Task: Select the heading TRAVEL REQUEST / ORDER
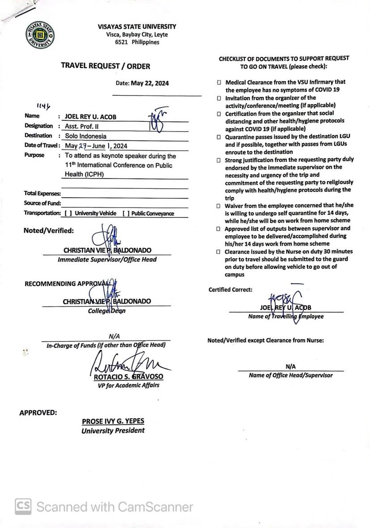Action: [106, 66]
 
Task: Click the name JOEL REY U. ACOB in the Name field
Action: [91, 116]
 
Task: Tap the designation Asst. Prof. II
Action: [82, 126]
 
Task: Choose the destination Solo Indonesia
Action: [86, 136]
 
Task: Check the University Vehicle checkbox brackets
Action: [68, 213]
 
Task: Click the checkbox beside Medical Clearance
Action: [219, 83]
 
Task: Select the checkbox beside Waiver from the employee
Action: [219, 206]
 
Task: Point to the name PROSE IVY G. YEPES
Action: [113, 422]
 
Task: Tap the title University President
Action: [113, 430]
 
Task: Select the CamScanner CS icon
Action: [23, 507]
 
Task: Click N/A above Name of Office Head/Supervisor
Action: [291, 366]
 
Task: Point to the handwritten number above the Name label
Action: [43, 106]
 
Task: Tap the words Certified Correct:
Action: [230, 290]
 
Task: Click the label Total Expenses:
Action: [42, 193]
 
